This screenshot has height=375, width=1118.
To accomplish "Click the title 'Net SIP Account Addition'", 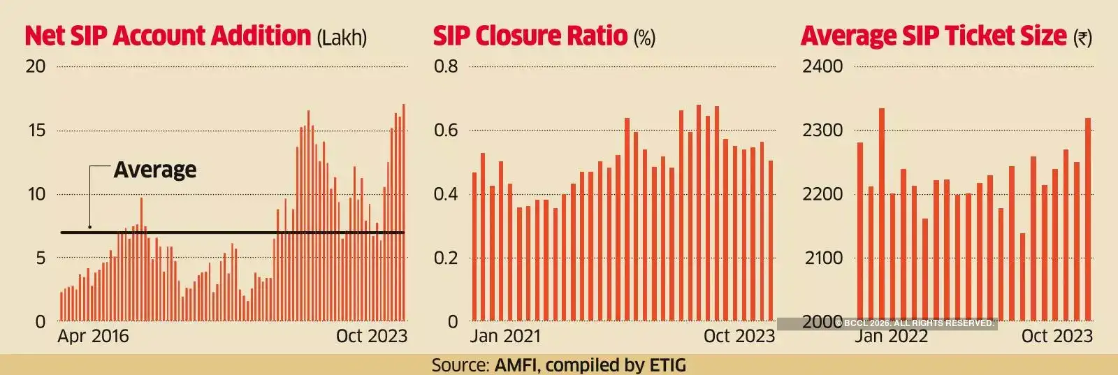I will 168,36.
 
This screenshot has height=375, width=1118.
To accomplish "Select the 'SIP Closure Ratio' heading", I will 530,36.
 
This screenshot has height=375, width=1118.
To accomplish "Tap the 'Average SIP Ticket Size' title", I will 934,36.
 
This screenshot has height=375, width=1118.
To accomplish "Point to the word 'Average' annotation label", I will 155,170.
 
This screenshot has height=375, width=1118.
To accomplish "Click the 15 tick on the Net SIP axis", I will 36,131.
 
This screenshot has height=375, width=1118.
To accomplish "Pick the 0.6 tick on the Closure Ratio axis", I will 446,131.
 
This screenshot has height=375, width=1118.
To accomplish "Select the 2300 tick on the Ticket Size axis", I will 822,131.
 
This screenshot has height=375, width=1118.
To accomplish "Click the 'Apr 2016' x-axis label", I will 93,336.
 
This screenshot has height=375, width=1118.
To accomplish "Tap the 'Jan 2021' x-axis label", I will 505,336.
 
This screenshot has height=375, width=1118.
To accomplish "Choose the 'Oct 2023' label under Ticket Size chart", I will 1057,336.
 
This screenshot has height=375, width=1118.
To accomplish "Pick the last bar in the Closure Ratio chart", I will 771,241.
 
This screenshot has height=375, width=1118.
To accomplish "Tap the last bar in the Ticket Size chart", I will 1088,220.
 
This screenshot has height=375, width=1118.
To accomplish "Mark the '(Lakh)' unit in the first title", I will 342,38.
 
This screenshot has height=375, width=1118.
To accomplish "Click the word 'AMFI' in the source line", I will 518,365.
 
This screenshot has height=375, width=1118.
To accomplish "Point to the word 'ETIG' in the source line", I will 667,365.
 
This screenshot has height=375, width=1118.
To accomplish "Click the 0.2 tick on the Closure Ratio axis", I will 446,258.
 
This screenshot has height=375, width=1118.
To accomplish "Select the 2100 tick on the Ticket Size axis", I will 822,258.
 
